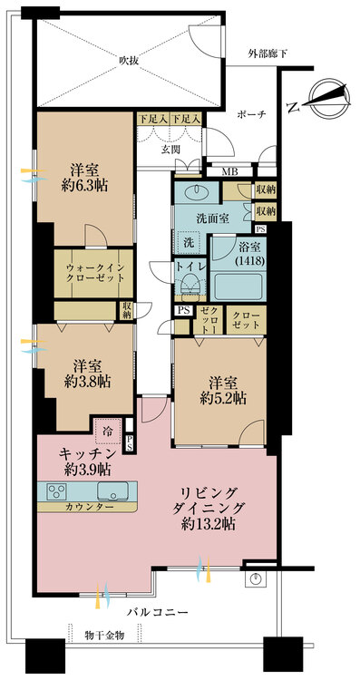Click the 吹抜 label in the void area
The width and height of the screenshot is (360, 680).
point(129,61)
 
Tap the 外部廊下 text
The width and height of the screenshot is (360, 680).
point(268,54)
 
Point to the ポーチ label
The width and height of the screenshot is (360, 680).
point(250,114)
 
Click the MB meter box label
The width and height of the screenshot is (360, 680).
point(229,171)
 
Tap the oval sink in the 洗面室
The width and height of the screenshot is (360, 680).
point(198,189)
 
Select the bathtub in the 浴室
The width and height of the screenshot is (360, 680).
point(238,286)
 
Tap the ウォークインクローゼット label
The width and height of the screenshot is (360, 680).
point(94,273)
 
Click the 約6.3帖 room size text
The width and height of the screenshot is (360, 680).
point(84,186)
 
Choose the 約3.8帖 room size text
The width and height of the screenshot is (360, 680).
point(87,382)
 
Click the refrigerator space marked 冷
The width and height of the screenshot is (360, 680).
point(108,432)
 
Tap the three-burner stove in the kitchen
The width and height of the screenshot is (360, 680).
point(56,491)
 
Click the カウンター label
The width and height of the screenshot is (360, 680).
point(84,507)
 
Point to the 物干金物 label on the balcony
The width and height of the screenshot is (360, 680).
point(104,636)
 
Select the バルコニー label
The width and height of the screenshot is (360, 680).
point(158,612)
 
